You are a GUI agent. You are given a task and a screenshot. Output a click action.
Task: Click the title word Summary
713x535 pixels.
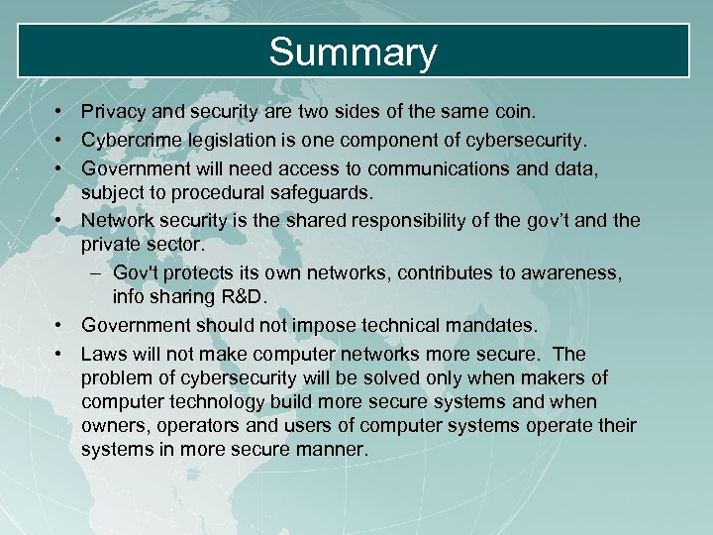pyautogui.click(x=353, y=53)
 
